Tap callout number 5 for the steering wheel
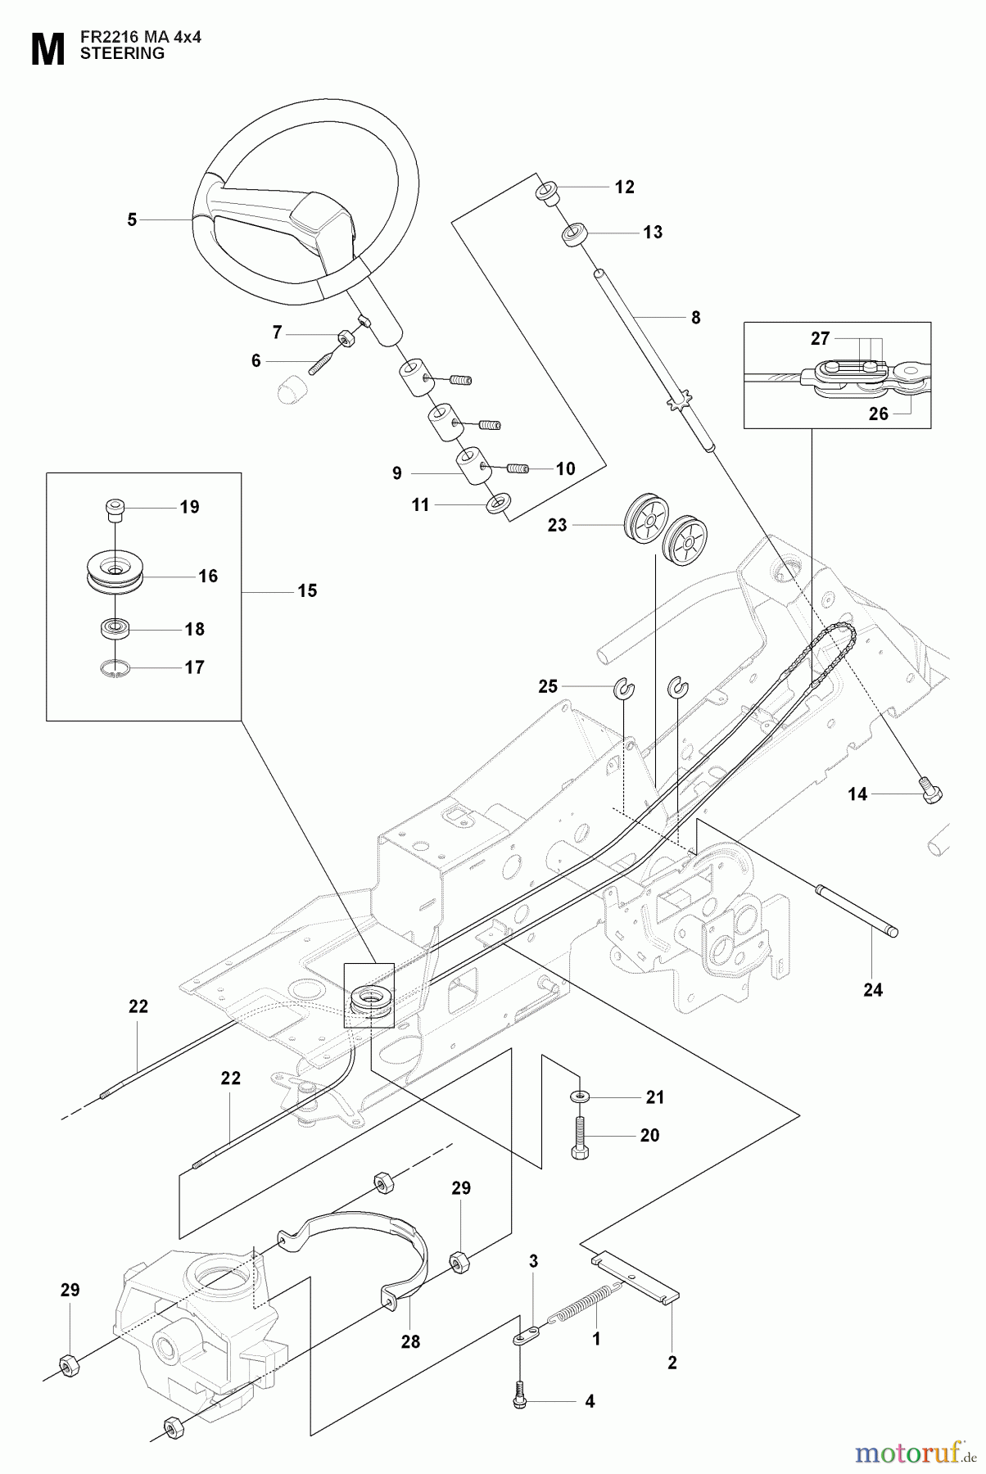(132, 219)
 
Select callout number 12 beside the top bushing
(624, 187)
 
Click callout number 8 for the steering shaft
(695, 318)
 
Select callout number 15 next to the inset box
(307, 590)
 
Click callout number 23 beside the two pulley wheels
(557, 525)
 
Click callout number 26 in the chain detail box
(878, 414)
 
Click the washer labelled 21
(581, 1096)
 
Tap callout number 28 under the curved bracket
(410, 1341)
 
